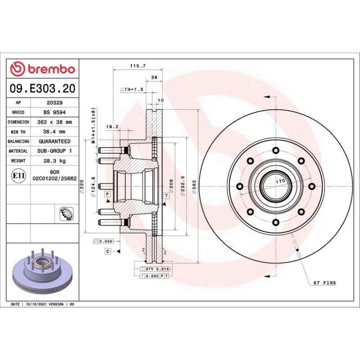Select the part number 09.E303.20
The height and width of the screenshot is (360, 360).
point(43,88)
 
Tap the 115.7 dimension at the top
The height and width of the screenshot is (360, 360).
point(137,66)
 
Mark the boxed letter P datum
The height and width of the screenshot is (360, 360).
point(108,194)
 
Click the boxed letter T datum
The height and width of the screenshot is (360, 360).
point(166,196)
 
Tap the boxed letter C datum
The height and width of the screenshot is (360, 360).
point(108,251)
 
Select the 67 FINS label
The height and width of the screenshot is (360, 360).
point(324,283)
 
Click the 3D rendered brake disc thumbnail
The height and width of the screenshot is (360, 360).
point(42,271)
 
